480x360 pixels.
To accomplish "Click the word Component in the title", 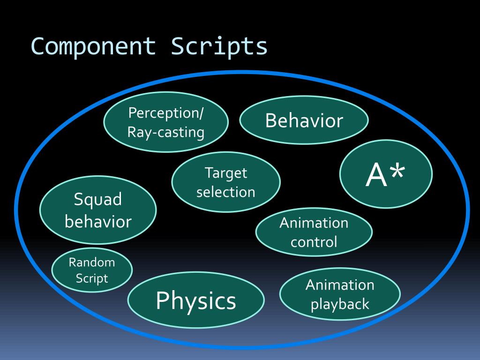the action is click(x=93, y=47).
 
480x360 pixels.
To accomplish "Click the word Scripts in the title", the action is click(x=219, y=47).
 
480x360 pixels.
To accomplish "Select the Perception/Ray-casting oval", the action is click(x=166, y=122).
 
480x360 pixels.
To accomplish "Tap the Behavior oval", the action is click(x=304, y=120).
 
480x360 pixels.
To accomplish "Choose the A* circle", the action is click(x=386, y=174).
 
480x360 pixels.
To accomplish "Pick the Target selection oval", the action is click(x=226, y=182).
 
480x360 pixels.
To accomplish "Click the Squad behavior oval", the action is click(x=98, y=210).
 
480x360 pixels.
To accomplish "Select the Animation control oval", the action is click(x=314, y=232).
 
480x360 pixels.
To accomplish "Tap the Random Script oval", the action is click(x=92, y=270).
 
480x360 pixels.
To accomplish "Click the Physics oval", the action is click(x=196, y=300).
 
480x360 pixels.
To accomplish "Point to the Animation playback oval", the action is click(x=340, y=294).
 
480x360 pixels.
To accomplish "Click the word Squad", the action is click(x=98, y=200).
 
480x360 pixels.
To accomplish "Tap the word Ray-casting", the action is click(x=166, y=133).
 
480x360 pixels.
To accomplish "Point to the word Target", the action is click(x=226, y=173).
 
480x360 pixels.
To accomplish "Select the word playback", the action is click(x=340, y=305).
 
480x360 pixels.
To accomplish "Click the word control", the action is click(x=314, y=242).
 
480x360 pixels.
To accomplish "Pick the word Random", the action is click(x=92, y=262).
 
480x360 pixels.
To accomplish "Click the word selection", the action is click(x=226, y=192).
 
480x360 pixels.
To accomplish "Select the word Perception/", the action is click(x=166, y=113).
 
